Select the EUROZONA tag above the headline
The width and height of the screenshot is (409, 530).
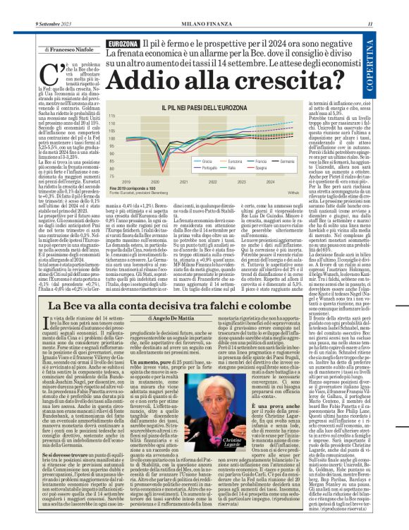tap(121, 44)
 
